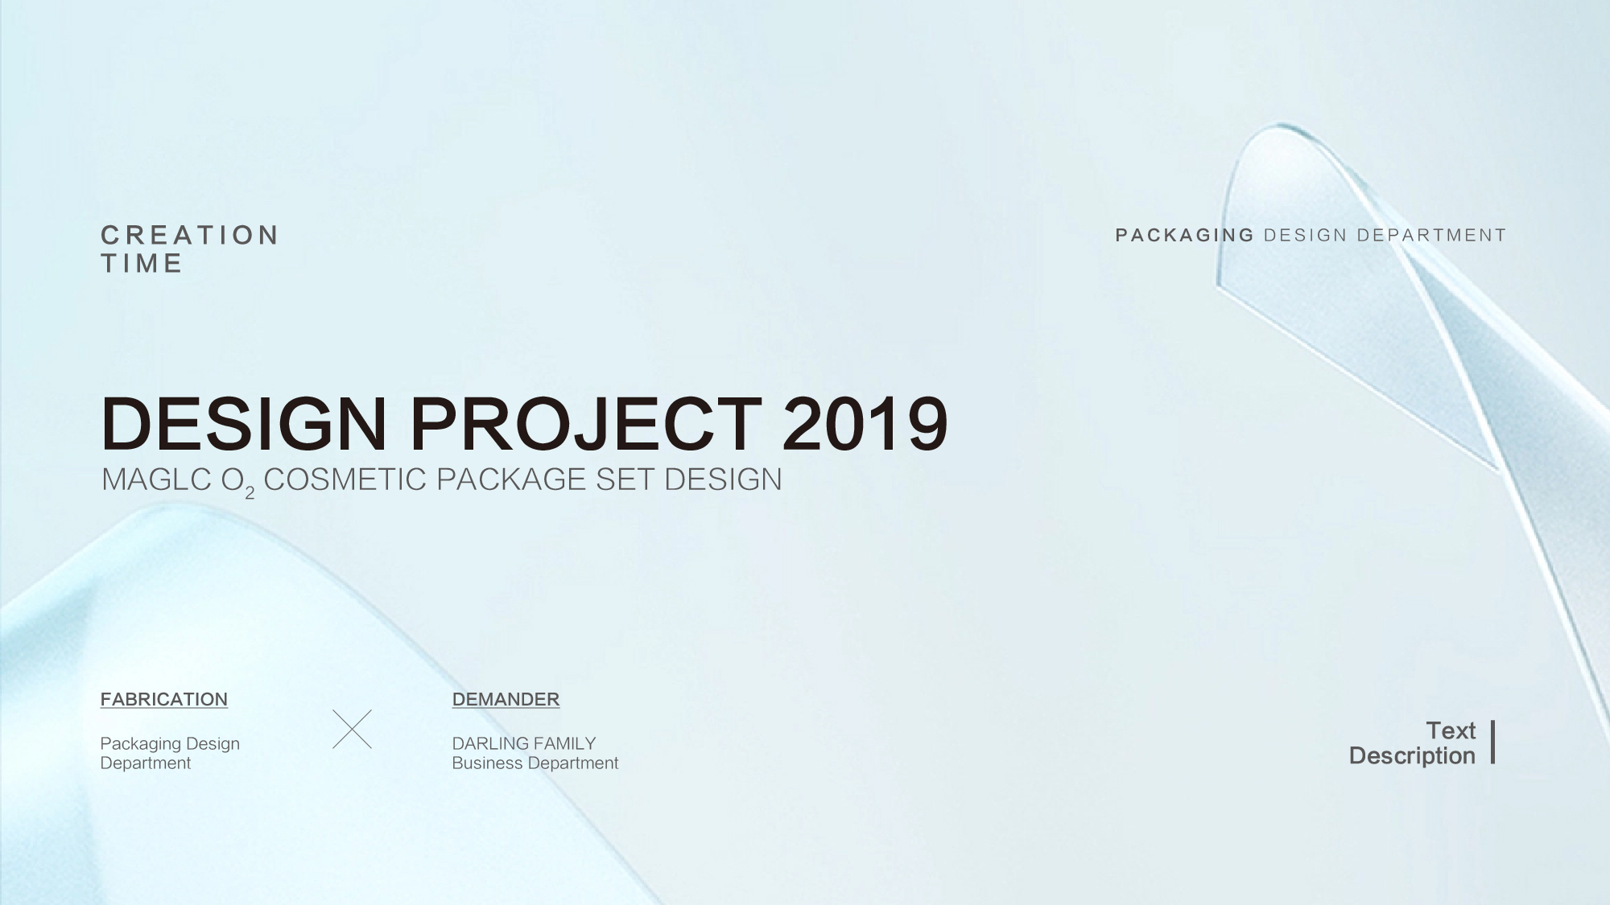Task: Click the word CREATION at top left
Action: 190,235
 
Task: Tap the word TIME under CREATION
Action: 142,263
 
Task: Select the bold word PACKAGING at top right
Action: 1185,235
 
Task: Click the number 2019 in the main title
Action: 865,423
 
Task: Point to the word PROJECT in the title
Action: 585,423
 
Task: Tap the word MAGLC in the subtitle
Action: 157,479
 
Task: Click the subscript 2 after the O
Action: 250,493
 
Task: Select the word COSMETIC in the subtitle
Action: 345,479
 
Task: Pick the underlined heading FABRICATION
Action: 164,699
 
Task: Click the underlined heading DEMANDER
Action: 506,699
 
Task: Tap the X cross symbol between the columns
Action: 353,730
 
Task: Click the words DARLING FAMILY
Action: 524,743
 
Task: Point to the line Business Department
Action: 535,763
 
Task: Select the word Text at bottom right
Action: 1451,730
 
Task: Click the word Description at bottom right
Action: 1412,756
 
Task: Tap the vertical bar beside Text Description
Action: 1493,742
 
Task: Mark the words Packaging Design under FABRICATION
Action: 170,744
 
